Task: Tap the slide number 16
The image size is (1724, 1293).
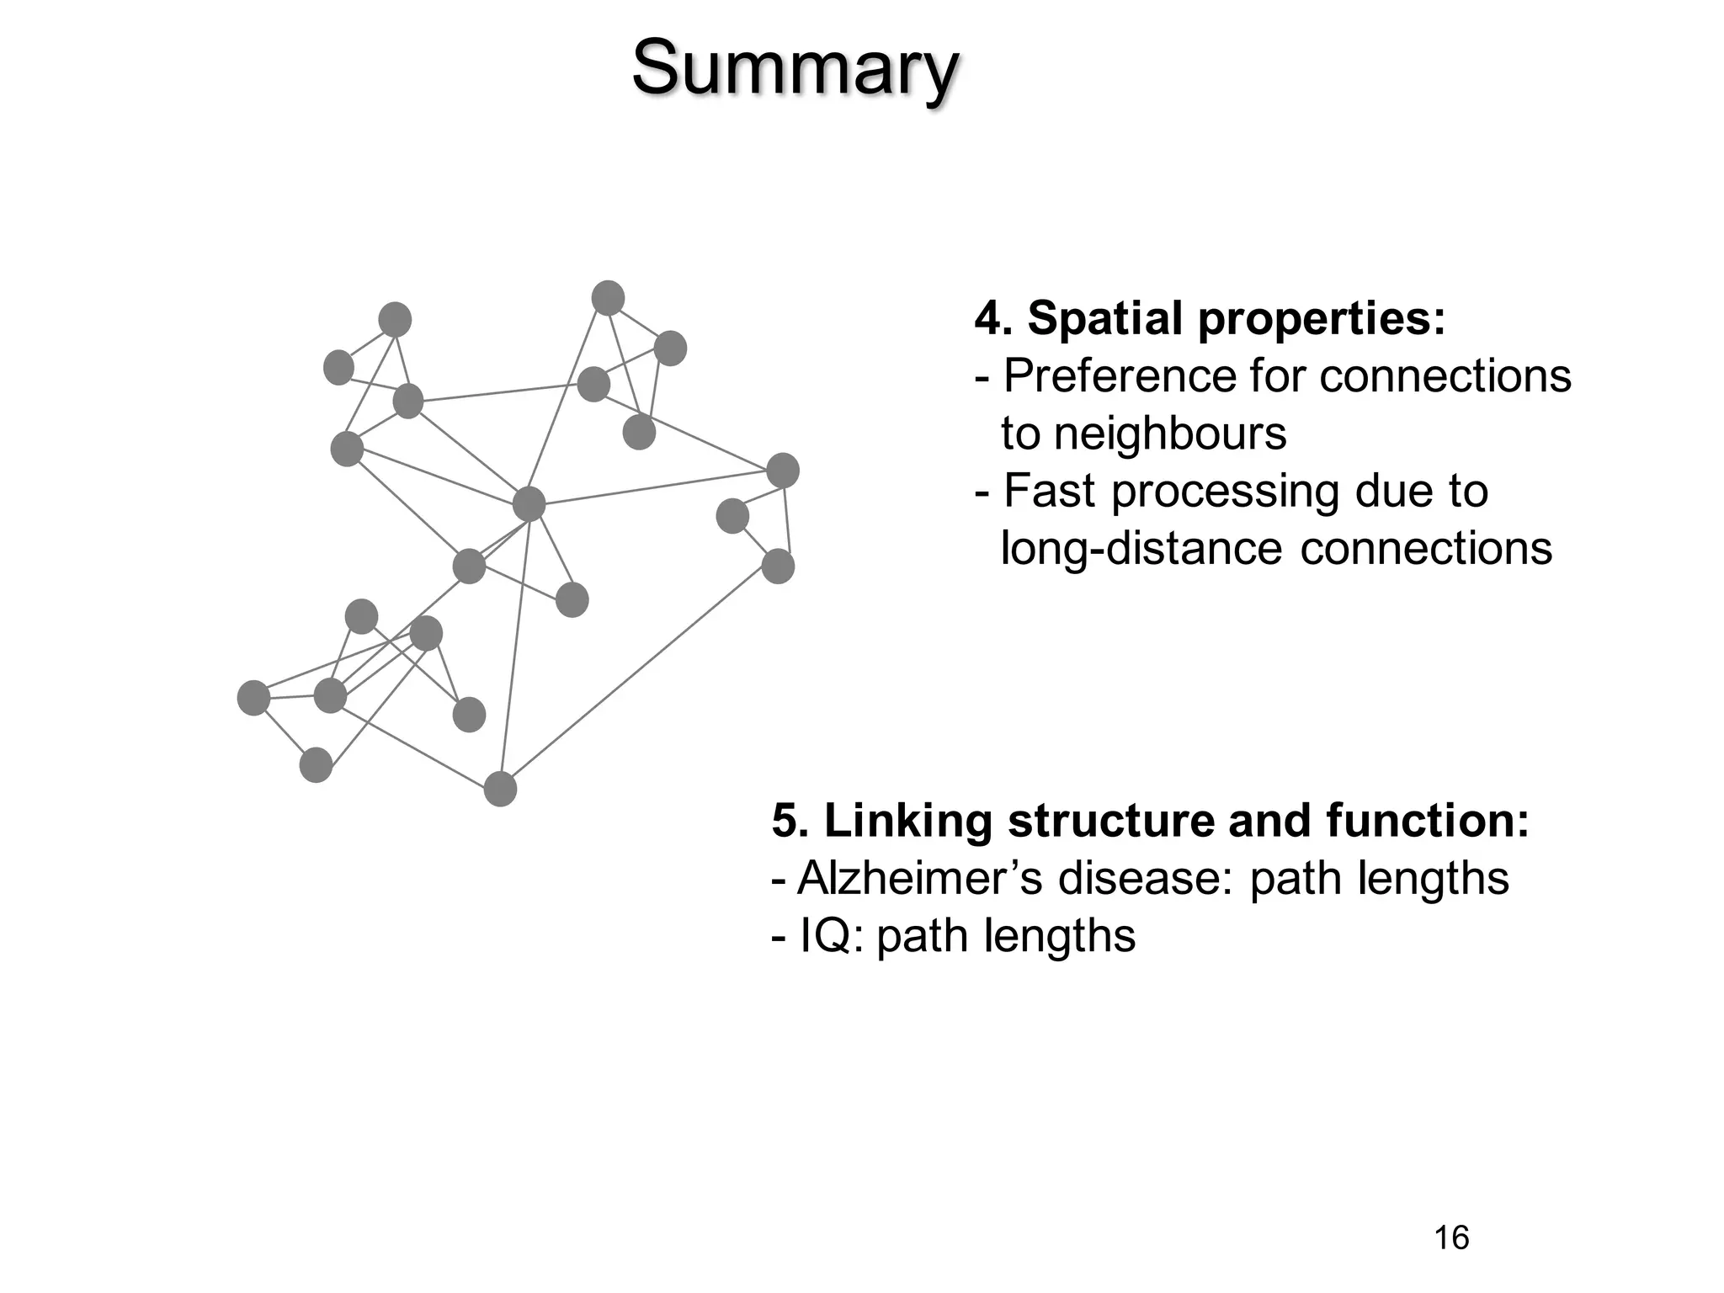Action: (1450, 1237)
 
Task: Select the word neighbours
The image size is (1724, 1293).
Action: (1170, 434)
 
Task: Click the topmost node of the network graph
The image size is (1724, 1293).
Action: (608, 298)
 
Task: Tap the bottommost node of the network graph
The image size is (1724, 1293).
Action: (500, 789)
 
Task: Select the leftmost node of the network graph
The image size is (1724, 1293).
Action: (253, 698)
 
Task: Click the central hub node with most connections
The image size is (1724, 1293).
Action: (529, 504)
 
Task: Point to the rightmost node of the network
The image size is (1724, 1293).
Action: (783, 470)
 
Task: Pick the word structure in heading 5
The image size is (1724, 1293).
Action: (1110, 821)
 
